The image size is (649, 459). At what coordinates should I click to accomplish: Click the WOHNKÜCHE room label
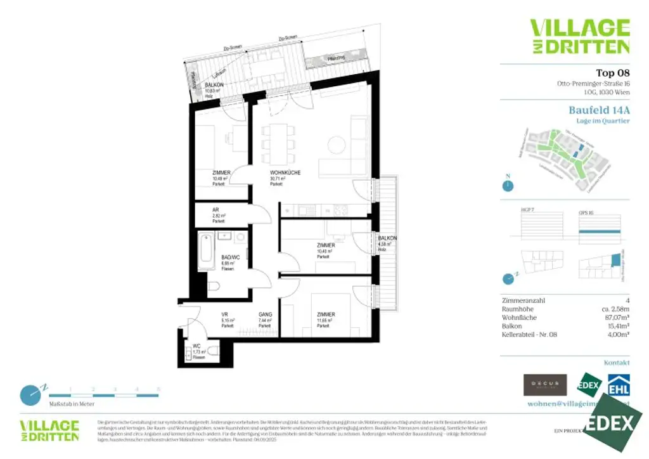(285, 172)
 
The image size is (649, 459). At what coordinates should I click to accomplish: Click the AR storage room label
(216, 210)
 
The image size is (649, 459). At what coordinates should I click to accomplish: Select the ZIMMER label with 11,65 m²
(326, 314)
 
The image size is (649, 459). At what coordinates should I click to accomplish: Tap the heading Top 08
(613, 72)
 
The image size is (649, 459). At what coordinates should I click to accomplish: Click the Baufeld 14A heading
(599, 109)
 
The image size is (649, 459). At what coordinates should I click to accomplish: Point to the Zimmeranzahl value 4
(627, 300)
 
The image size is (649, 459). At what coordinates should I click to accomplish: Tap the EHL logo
(619, 385)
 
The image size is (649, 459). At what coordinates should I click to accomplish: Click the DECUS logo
(544, 384)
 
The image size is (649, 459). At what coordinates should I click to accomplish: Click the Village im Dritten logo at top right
(579, 36)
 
